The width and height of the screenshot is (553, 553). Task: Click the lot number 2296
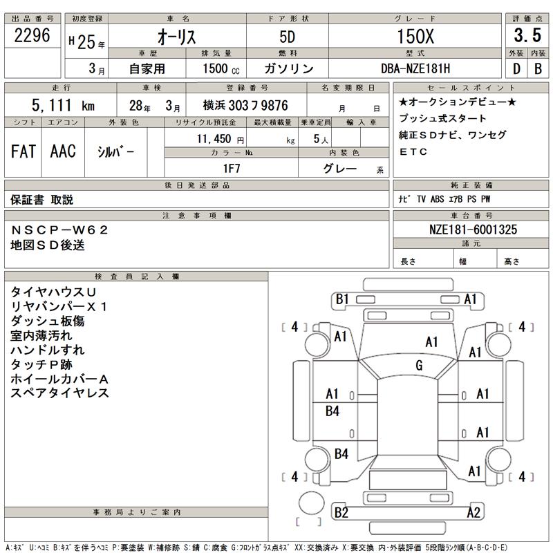pyautogui.click(x=32, y=37)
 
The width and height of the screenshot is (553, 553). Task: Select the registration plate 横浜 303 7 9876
pyautogui.click(x=245, y=106)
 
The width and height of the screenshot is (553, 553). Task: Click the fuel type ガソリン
pyautogui.click(x=289, y=69)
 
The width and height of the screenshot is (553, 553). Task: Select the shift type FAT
pyautogui.click(x=23, y=152)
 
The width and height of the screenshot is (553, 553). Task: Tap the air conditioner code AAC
pyautogui.click(x=63, y=152)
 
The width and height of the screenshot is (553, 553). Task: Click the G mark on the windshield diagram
pyautogui.click(x=419, y=366)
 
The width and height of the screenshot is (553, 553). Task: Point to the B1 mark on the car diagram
pyautogui.click(x=343, y=299)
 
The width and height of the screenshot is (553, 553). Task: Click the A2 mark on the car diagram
pyautogui.click(x=474, y=512)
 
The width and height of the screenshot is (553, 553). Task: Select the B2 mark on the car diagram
pyautogui.click(x=341, y=512)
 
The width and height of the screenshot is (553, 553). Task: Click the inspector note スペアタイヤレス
pyautogui.click(x=60, y=393)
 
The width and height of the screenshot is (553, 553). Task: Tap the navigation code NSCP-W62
pyautogui.click(x=60, y=229)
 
